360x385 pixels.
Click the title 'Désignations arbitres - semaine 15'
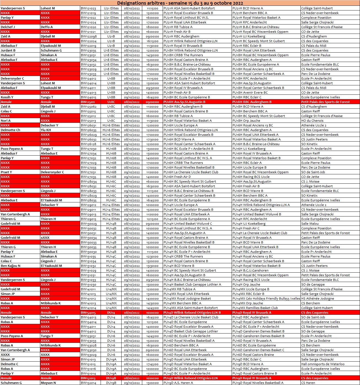[x=180, y=3]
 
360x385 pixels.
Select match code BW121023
[x=88, y=8]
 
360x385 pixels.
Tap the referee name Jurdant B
[x=8, y=50]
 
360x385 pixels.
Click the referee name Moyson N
[x=48, y=383]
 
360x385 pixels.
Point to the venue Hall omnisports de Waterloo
[x=323, y=364]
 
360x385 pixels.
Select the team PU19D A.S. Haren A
[x=178, y=383]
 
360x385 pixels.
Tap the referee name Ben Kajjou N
[x=10, y=266]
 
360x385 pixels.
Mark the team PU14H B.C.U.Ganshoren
[x=250, y=270]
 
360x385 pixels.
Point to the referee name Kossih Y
[x=7, y=97]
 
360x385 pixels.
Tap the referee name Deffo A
[x=47, y=27]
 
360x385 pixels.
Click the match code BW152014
[x=88, y=383]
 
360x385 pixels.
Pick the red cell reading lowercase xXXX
[x=45, y=238]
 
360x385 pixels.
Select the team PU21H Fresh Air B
[x=177, y=32]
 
